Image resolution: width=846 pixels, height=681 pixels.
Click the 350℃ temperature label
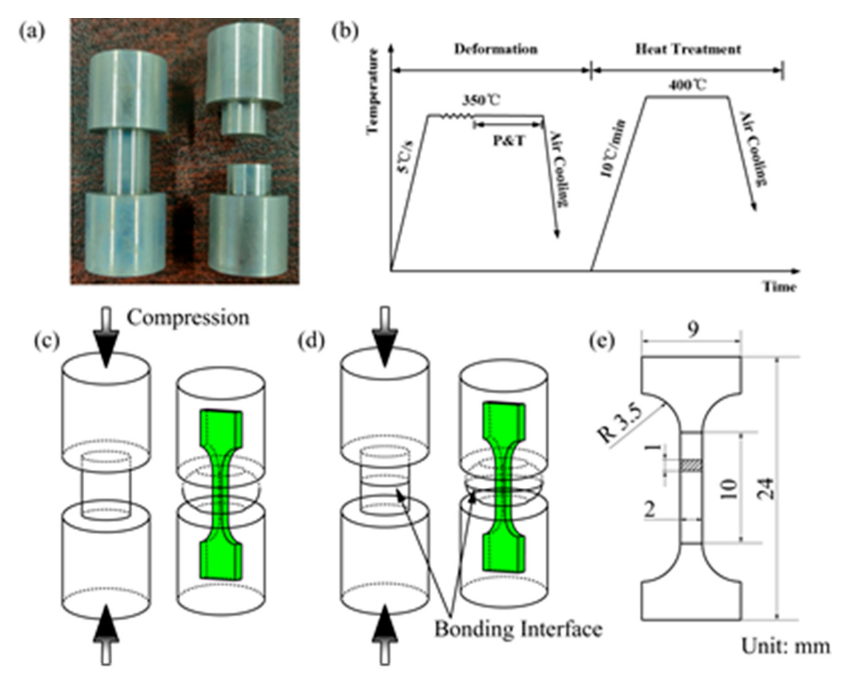480,101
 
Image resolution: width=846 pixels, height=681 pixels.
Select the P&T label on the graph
508,141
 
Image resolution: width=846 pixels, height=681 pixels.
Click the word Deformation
496,49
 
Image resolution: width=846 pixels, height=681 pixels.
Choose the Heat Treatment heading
688,49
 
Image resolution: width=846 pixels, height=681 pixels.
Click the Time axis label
779,287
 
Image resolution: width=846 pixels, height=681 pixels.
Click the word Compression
188,317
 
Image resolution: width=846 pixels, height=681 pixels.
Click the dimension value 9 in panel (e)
693,330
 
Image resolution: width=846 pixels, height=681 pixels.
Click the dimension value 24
767,489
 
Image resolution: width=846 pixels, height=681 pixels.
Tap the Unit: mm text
785,657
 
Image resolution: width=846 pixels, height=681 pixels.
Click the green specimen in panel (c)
221,495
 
